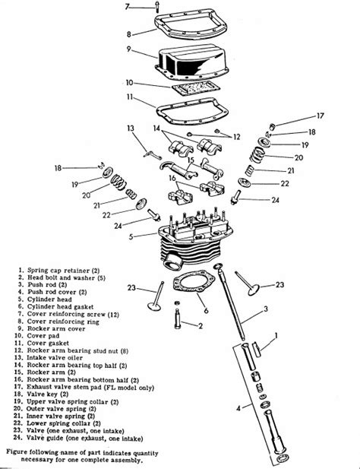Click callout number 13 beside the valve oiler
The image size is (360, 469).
(131, 128)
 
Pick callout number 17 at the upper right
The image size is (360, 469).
(320, 116)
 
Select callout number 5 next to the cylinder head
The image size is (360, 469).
(131, 236)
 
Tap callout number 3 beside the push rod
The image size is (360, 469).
(266, 309)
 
